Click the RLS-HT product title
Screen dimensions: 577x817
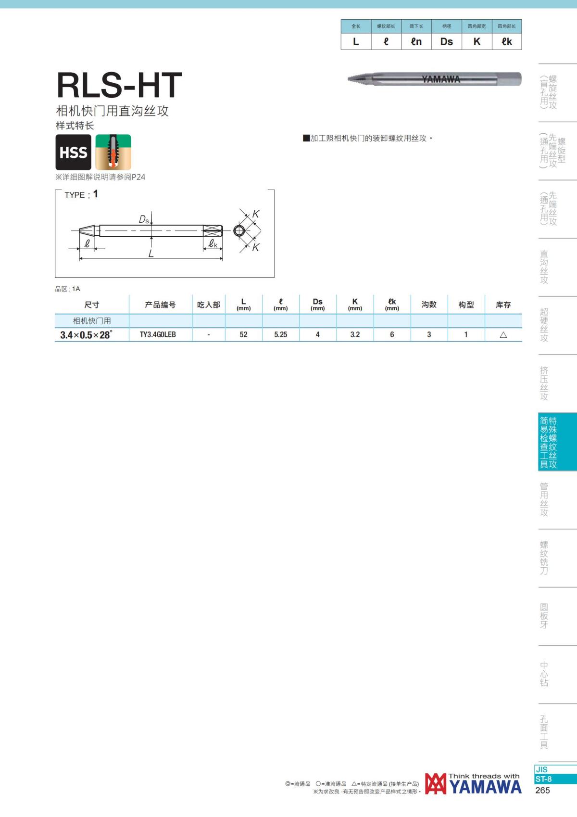[x=119, y=85]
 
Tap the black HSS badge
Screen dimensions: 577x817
[x=73, y=152]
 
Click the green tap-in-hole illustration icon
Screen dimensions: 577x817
[x=113, y=152]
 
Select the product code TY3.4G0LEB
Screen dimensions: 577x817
[x=158, y=334]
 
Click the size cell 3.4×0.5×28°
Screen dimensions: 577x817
[x=87, y=334]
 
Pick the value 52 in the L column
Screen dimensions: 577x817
[x=243, y=334]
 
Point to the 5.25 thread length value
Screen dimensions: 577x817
[x=281, y=334]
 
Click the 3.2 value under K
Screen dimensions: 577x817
[x=355, y=334]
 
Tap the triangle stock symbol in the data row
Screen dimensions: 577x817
[x=503, y=334]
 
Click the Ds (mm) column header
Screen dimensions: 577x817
[x=317, y=304]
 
